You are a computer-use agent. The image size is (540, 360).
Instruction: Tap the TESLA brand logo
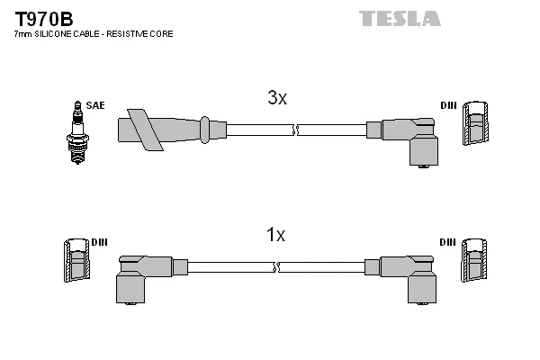[400, 18]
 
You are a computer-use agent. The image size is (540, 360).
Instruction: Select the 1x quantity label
[275, 235]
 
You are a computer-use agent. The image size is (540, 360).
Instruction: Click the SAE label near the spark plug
[95, 105]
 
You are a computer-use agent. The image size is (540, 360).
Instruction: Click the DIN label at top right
[447, 105]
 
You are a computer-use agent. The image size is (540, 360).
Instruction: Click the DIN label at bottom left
[100, 243]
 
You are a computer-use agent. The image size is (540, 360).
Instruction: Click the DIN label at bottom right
[447, 243]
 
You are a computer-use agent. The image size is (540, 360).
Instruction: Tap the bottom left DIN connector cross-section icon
[76, 262]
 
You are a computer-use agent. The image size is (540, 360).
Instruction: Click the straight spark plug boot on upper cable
[166, 128]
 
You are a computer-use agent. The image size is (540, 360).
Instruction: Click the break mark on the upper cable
[294, 130]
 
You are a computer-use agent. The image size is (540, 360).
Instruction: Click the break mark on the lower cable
[276, 267]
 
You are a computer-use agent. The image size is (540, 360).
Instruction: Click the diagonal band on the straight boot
[143, 129]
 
